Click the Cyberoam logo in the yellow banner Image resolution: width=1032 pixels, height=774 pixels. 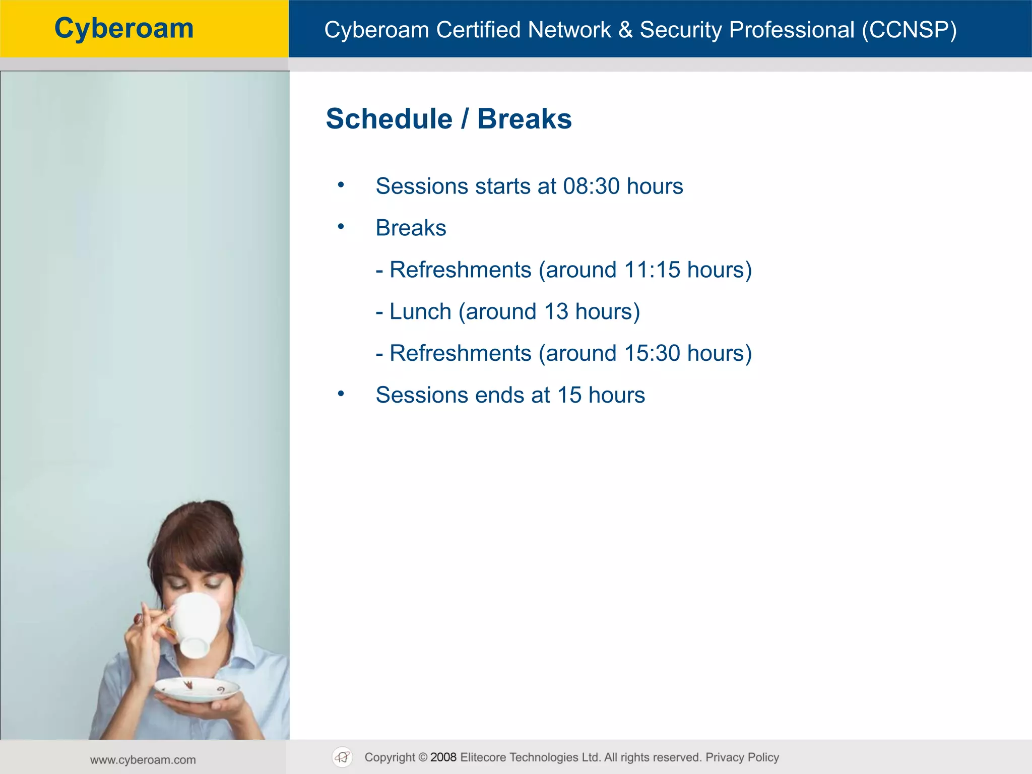124,28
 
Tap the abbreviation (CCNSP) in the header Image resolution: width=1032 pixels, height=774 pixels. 909,30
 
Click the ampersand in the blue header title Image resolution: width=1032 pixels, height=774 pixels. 625,30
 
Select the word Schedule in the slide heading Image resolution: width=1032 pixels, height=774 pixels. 389,119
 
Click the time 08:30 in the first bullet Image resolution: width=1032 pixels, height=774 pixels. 591,186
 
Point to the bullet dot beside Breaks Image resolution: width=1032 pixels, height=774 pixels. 341,227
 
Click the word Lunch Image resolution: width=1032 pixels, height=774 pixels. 420,312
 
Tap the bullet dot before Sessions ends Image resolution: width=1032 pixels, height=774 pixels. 341,394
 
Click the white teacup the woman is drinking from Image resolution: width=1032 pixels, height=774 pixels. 197,625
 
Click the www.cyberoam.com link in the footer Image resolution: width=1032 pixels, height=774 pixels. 143,760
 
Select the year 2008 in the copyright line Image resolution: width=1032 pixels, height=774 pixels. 443,757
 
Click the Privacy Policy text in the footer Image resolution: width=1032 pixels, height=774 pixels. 742,757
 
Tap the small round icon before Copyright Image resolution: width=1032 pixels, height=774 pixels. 343,757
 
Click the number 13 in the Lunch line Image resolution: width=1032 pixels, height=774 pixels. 556,312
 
